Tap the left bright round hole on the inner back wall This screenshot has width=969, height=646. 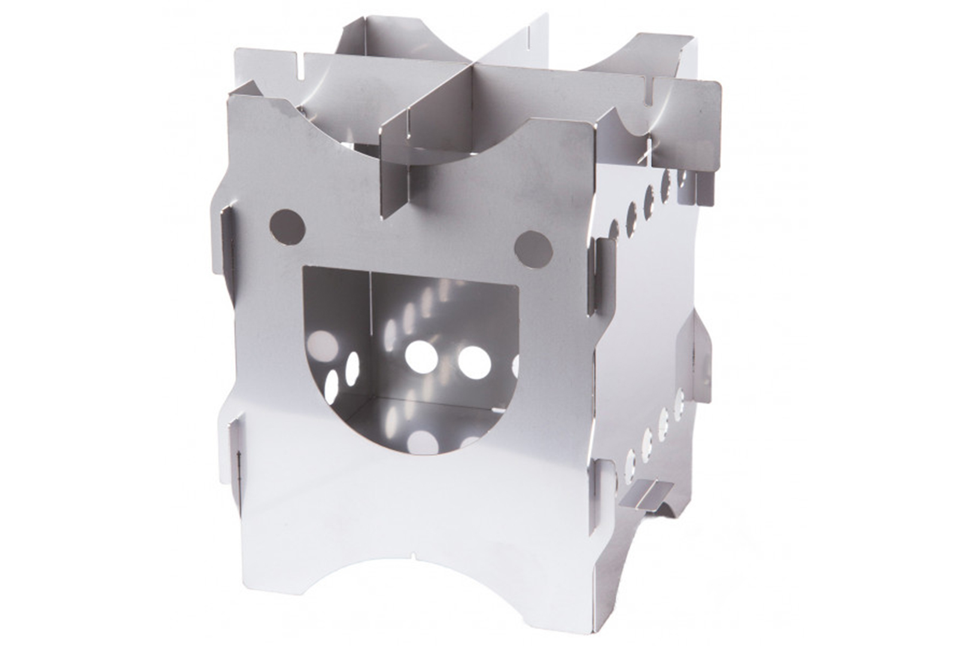coord(421,356)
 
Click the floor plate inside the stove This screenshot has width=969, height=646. coord(419,413)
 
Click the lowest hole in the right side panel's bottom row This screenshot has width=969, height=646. coord(629,464)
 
